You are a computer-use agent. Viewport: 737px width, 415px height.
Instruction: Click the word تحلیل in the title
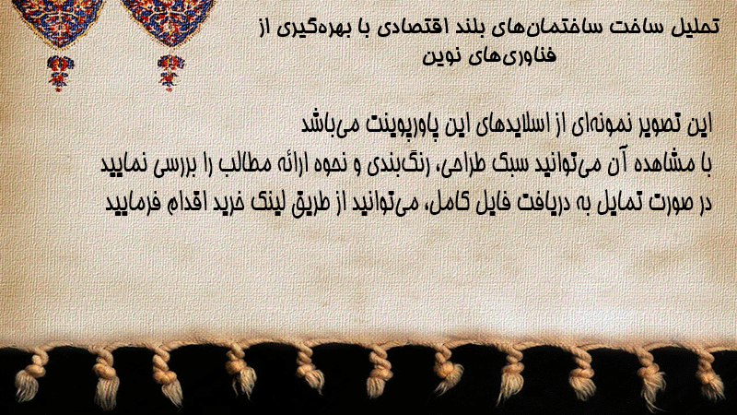click(x=696, y=27)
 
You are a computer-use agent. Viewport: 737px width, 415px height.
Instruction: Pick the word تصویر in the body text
click(x=664, y=125)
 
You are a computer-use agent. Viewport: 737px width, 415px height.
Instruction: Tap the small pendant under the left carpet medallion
click(x=60, y=73)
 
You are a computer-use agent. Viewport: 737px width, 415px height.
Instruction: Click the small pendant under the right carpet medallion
click(x=170, y=73)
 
